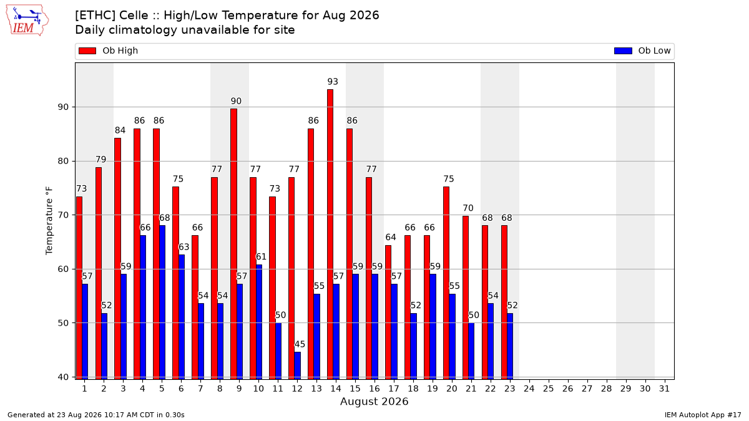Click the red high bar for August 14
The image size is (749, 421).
click(330, 235)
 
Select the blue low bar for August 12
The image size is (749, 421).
click(297, 365)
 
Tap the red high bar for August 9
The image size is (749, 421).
click(233, 244)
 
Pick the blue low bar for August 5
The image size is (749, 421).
click(162, 302)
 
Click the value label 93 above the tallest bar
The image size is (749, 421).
click(333, 82)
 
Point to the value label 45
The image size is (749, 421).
click(300, 344)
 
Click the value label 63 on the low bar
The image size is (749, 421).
click(184, 247)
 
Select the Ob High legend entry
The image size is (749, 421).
click(108, 51)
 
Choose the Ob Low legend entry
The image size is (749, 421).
click(642, 51)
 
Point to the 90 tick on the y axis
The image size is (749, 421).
click(64, 107)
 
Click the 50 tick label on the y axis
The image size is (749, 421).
click(64, 323)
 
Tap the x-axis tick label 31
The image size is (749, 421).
click(664, 389)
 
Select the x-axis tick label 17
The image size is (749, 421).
click(394, 389)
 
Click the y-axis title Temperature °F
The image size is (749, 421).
click(49, 221)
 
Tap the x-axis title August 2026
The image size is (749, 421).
click(374, 401)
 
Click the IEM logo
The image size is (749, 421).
click(27, 21)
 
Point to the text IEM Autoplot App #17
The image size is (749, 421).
click(703, 415)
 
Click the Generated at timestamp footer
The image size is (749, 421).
click(96, 415)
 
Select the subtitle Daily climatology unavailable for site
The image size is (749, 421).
click(185, 30)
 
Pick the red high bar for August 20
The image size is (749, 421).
click(446, 283)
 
